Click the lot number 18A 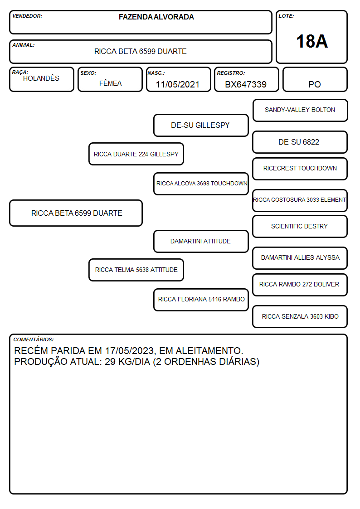311,41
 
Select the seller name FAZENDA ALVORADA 156,17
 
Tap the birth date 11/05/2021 178,84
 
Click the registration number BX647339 246,84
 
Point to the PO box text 315,84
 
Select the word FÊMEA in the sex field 110,83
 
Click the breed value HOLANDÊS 41,78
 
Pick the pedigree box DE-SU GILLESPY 201,125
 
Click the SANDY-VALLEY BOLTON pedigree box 300,111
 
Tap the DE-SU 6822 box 300,142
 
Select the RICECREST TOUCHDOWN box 300,169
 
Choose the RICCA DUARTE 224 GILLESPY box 136,154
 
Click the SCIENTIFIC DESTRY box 300,226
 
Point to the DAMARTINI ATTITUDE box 201,241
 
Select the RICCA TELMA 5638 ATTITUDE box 136,270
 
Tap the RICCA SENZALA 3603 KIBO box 300,316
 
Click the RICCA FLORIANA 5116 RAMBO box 201,300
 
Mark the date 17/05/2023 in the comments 129,351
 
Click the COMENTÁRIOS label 34,339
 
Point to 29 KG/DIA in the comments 127,362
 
